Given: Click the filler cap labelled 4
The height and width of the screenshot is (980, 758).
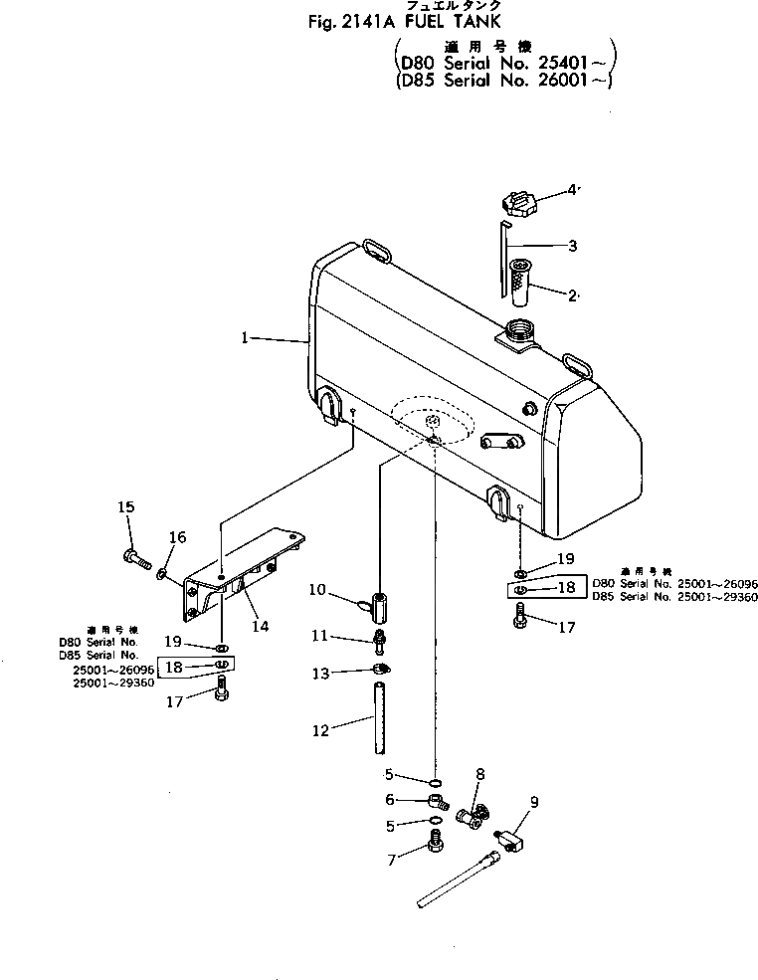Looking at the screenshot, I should (519, 204).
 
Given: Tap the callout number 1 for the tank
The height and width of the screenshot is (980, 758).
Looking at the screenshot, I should (244, 338).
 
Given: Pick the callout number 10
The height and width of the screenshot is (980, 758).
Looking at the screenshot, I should (317, 590).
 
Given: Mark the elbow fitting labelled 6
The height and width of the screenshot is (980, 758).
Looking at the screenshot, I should (437, 799).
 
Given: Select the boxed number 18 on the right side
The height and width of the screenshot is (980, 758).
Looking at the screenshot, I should (566, 588).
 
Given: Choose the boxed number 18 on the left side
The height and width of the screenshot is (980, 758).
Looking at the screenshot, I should (174, 667).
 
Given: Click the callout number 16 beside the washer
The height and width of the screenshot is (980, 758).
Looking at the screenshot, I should (176, 538).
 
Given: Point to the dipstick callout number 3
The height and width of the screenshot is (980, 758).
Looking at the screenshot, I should (572, 245).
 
